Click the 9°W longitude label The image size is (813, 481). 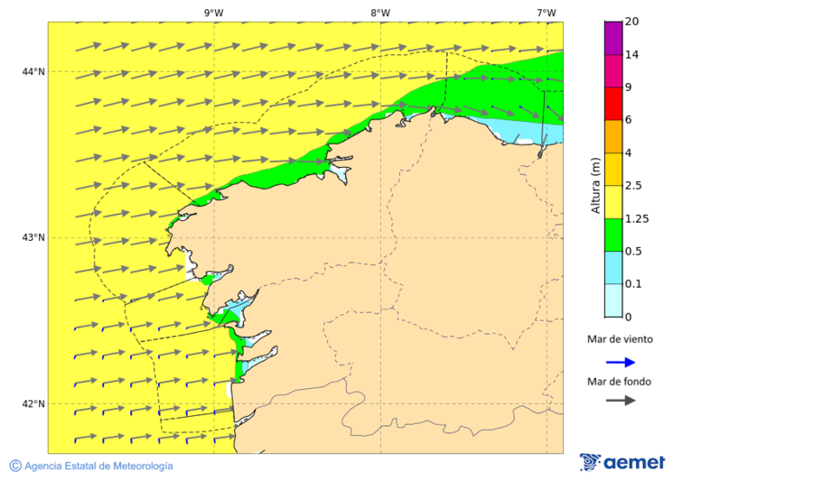click(x=213, y=13)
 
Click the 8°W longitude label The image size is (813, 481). click(x=379, y=13)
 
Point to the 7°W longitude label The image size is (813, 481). click(x=546, y=13)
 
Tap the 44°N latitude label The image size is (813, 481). click(x=33, y=71)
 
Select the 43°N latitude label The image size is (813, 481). click(x=33, y=237)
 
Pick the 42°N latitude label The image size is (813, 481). click(x=33, y=403)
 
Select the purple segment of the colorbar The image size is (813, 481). click(x=613, y=38)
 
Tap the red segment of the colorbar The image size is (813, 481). click(x=613, y=104)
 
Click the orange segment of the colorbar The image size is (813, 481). click(x=613, y=136)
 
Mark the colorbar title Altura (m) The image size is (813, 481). click(x=595, y=185)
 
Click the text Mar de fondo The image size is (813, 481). click(x=619, y=381)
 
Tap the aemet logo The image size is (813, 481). click(x=622, y=462)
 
